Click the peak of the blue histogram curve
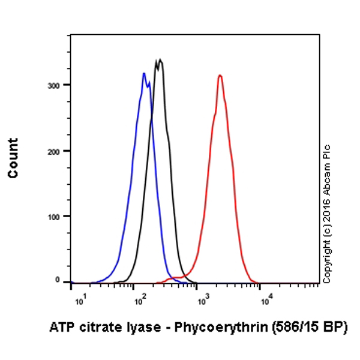(144, 74)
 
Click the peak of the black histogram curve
(159, 60)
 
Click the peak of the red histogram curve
(220, 76)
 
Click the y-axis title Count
(13, 158)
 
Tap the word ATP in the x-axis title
(59, 328)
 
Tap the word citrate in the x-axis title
(109, 328)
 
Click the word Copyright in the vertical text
(326, 258)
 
